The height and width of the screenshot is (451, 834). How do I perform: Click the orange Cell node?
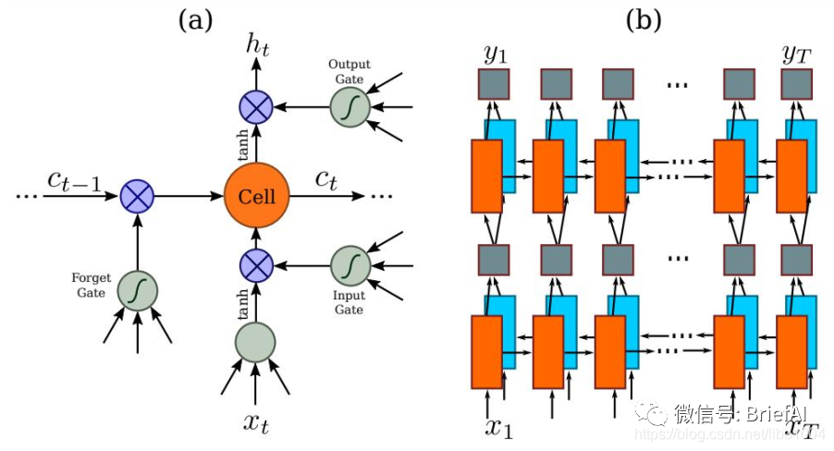256,196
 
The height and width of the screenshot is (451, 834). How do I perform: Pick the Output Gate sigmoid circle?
350,108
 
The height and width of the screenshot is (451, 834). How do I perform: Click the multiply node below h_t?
256,108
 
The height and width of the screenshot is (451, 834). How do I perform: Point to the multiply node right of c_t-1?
138,196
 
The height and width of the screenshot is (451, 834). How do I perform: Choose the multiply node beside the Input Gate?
256,265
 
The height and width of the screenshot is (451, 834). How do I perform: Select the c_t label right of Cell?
325,179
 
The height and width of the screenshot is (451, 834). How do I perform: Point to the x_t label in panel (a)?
256,422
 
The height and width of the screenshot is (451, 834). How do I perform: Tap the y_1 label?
495,56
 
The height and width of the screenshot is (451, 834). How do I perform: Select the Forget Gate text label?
91,284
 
